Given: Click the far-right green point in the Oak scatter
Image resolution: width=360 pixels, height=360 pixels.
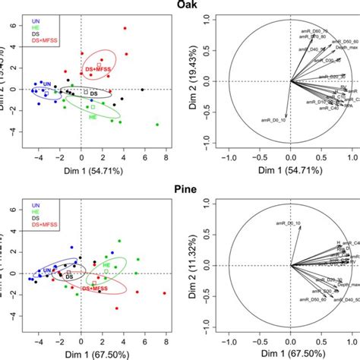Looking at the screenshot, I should point(157,125).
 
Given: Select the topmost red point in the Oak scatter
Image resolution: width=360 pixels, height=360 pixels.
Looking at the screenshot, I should point(125,28).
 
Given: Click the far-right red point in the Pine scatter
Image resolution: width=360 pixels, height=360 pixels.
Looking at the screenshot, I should point(164,293).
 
